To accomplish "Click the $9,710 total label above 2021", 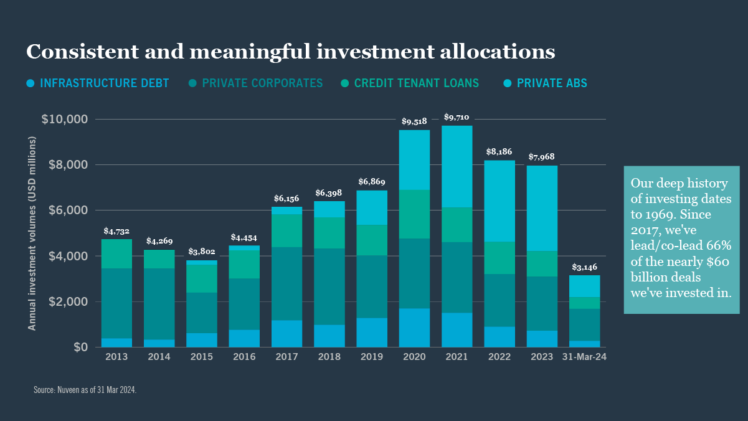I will coord(457,117).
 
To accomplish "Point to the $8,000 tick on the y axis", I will coord(65,165).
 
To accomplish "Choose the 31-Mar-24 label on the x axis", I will coord(584,357).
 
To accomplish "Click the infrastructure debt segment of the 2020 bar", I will coord(414,328).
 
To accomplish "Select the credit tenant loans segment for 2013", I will coord(116,253).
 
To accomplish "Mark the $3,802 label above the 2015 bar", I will coord(201,252).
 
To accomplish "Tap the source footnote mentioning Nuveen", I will coord(85,390).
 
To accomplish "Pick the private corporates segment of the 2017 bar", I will coord(286,283).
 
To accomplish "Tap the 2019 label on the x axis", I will coord(372,357).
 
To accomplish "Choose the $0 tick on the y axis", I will coord(80,347).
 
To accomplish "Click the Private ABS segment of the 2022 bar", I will coord(499,201).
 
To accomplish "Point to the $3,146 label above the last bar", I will coord(584,267).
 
